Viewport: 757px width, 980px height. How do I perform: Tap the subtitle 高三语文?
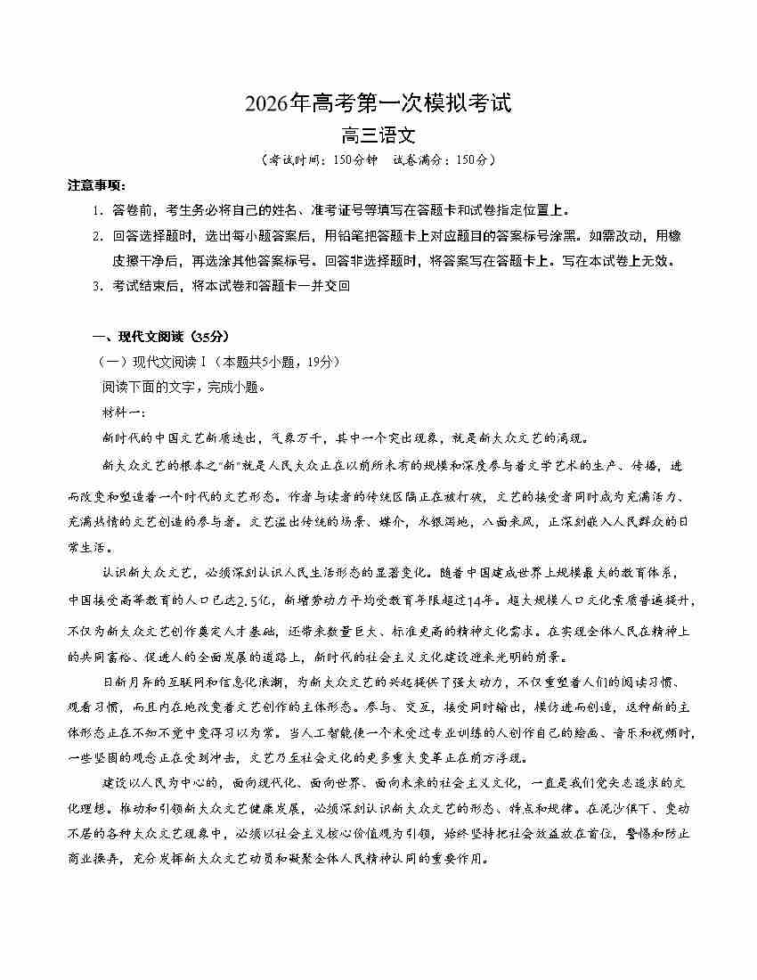click(378, 136)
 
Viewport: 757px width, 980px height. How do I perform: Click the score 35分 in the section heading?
click(210, 336)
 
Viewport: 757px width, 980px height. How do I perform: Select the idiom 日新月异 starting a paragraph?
click(131, 682)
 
